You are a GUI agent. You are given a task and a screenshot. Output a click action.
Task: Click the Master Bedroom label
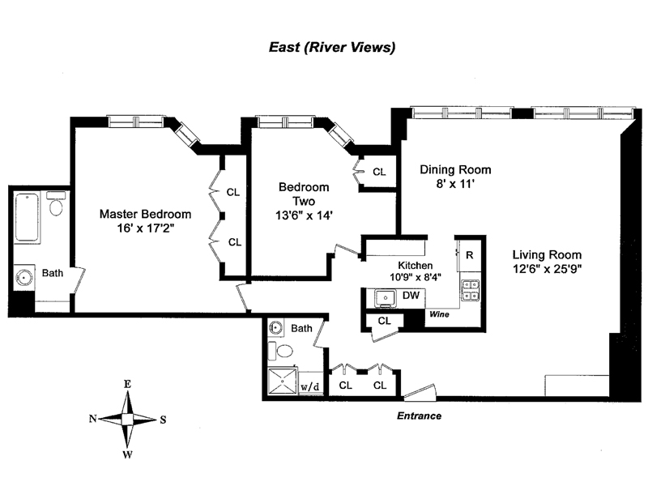click(x=146, y=214)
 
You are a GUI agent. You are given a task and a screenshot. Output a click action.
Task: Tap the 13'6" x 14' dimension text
click(x=305, y=215)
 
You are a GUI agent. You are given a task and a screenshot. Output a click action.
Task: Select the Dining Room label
click(x=455, y=169)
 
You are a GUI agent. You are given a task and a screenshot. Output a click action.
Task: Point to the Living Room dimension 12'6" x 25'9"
click(x=548, y=269)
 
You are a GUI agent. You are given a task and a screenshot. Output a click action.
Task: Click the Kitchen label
click(x=416, y=266)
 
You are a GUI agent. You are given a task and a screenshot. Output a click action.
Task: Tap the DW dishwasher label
click(x=411, y=295)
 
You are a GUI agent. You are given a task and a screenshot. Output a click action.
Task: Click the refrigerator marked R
click(x=470, y=255)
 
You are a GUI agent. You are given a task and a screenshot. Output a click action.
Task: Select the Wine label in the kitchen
click(x=439, y=314)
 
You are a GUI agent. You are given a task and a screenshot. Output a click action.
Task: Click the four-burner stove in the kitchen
click(x=471, y=290)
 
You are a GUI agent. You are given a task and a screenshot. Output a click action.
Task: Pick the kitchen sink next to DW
click(x=386, y=298)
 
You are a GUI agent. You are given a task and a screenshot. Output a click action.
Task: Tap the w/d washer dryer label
click(x=310, y=387)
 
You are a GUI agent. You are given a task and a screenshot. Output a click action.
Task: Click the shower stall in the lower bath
click(x=283, y=381)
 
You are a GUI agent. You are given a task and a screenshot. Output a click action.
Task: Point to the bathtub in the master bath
click(x=28, y=217)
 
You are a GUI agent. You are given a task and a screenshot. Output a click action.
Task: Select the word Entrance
click(x=419, y=416)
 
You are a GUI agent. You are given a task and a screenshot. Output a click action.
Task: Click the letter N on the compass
click(x=92, y=419)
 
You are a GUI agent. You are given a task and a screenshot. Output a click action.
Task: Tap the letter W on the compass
click(x=128, y=455)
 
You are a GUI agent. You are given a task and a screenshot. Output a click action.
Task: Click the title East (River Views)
click(x=332, y=47)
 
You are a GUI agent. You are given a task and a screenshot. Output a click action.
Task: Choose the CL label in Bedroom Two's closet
click(x=379, y=172)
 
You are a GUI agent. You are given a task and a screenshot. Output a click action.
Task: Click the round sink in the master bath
click(x=24, y=277)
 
